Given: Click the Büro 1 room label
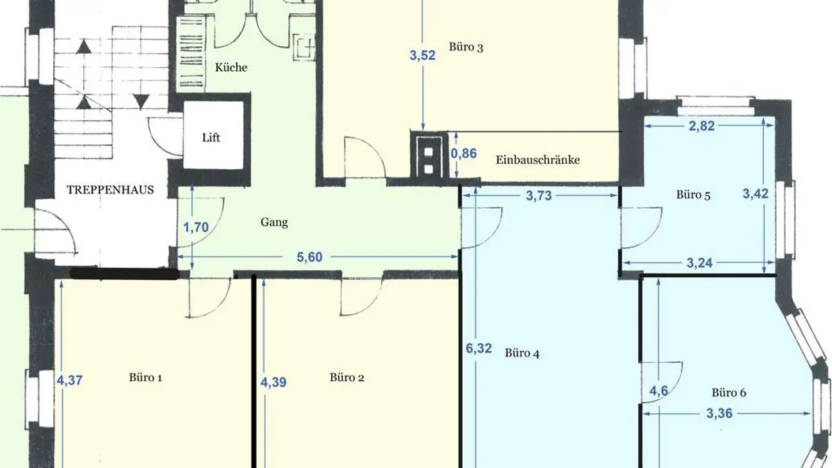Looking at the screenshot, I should [145, 378].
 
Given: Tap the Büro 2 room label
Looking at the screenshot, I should [347, 378].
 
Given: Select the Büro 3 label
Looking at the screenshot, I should [466, 47].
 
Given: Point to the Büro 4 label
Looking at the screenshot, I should [522, 353].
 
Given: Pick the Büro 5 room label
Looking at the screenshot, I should [693, 195].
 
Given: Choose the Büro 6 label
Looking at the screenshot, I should [729, 393].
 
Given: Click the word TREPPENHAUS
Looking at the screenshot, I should [110, 190].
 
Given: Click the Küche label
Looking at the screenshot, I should [231, 68].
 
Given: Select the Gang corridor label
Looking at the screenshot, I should [274, 222].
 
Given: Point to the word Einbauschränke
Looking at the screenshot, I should [537, 160].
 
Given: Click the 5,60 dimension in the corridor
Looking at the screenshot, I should [309, 258].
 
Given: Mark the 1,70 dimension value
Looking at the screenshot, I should [195, 228].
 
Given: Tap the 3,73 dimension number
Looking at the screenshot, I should [538, 196].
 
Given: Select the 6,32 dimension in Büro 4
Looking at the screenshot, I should [478, 348].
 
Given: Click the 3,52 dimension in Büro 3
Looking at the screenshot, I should [423, 55].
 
